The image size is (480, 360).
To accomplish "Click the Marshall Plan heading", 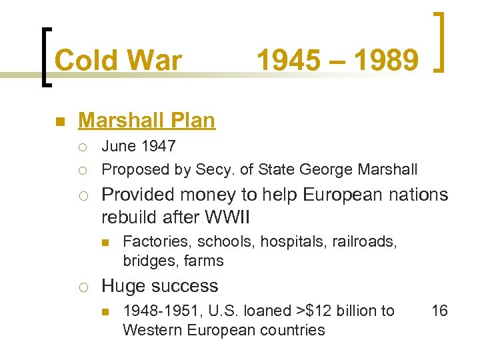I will [x=147, y=121].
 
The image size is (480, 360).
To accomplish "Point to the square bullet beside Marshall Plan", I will [x=59, y=122].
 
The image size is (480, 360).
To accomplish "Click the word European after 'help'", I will [x=344, y=195].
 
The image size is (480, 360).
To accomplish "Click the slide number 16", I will [x=439, y=311].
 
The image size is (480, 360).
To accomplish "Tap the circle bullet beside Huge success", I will [x=82, y=287].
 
